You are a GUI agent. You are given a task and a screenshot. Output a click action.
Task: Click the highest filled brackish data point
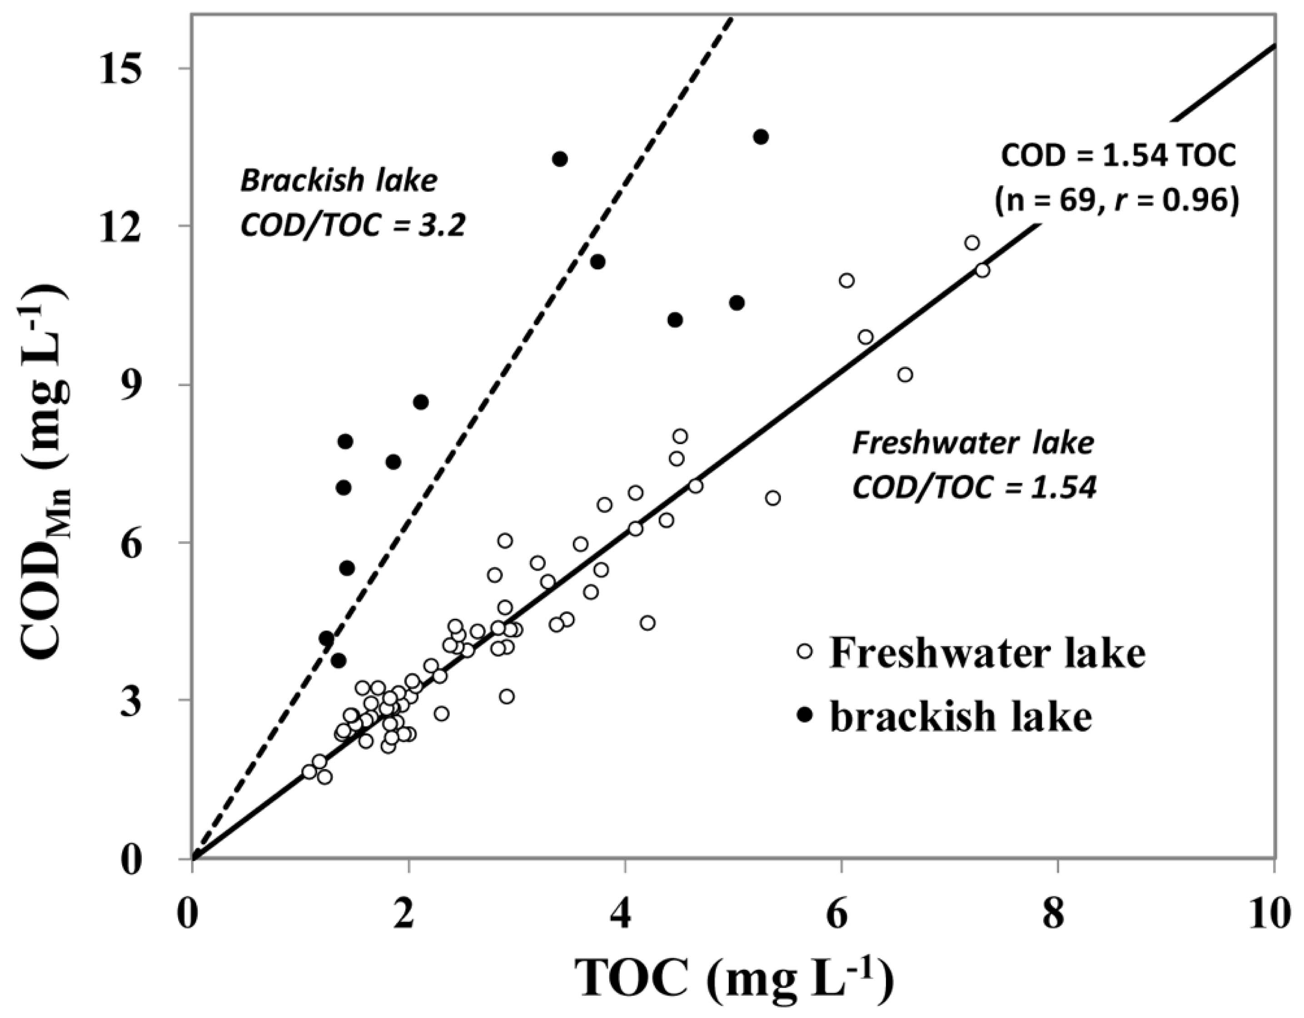[761, 137]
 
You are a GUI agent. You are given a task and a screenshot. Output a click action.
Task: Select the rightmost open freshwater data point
[982, 270]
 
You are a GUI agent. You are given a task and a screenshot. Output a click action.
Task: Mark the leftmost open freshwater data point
[309, 771]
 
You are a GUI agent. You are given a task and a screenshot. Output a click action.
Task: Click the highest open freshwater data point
[972, 243]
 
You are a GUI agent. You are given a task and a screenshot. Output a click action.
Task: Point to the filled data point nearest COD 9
[421, 402]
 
